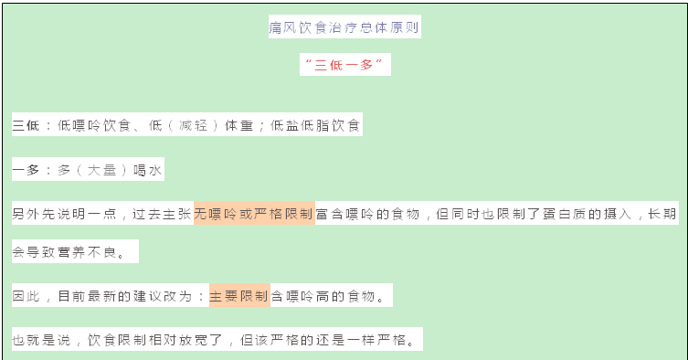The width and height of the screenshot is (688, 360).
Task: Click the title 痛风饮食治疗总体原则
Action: (344, 27)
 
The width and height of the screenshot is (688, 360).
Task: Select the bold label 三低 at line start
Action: (26, 125)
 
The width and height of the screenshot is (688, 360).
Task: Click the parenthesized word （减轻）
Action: (188, 125)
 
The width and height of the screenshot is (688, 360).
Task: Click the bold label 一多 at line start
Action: (26, 170)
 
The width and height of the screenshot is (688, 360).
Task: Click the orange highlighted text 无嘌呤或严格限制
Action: (254, 214)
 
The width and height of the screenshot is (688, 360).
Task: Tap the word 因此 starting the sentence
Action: (26, 296)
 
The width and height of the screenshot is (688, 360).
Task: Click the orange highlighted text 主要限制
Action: (239, 296)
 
